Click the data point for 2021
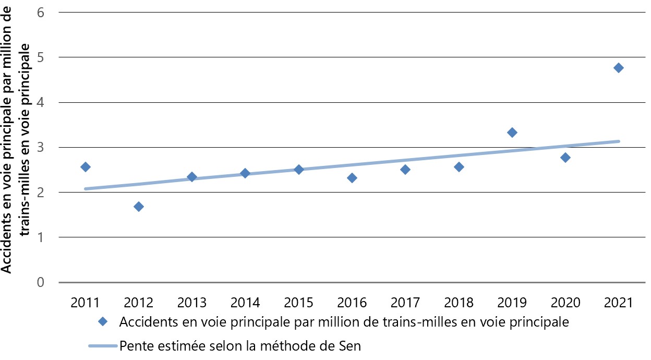coord(619,68)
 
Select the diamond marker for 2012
coord(139,207)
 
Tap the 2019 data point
coord(512,133)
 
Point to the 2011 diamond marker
coord(86,167)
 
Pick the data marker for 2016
coord(352,178)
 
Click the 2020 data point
coord(565,158)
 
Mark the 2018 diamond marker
coord(459,167)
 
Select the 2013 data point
coord(192,177)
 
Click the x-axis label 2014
coord(245,303)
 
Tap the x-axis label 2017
coord(405,303)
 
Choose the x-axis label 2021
coord(619,303)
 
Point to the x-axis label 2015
coord(298,303)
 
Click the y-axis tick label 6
coord(40,12)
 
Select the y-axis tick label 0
coord(40,282)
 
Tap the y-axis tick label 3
coord(40,147)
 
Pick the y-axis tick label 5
coord(40,57)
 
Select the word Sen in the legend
coord(349,345)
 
